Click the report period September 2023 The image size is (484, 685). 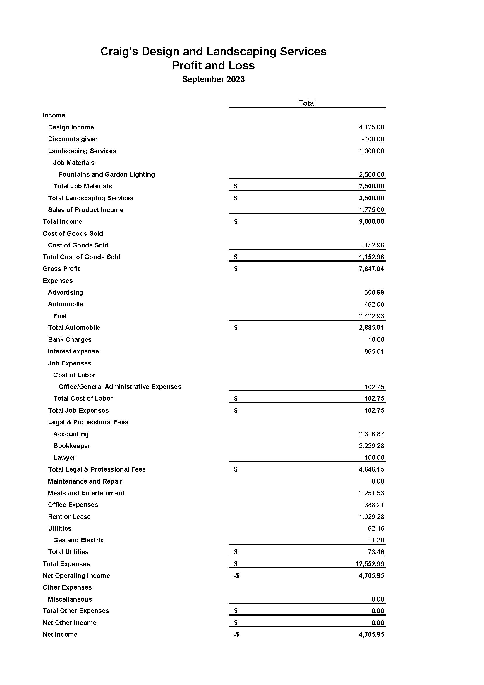point(213,79)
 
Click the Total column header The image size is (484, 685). point(307,103)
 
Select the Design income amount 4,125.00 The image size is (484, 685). point(371,127)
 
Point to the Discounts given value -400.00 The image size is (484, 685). point(373,139)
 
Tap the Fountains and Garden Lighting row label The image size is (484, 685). point(107,175)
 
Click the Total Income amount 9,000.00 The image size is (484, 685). point(371,222)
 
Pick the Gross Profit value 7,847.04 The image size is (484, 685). point(371,269)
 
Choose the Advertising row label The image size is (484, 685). point(66,292)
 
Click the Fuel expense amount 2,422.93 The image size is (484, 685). point(371,316)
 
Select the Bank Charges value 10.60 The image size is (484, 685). point(376,339)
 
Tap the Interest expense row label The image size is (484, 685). point(73,351)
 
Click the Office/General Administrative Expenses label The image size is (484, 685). point(120,387)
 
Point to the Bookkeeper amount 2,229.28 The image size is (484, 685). point(371,446)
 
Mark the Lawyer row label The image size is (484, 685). point(64,458)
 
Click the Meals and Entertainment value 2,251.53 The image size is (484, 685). point(371,493)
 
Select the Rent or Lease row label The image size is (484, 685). point(69,517)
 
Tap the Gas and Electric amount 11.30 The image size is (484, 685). point(376,540)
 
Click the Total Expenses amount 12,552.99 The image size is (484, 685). point(370,564)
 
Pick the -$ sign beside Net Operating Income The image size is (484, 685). point(236,575)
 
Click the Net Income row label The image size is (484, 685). point(60,634)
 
